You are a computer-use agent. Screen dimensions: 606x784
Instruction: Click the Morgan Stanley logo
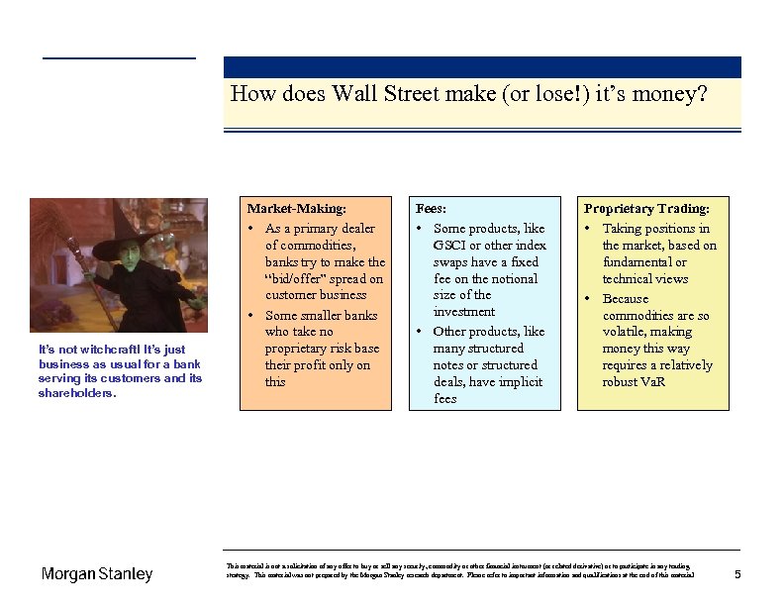(97, 574)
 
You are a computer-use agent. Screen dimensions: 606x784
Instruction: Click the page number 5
(736, 574)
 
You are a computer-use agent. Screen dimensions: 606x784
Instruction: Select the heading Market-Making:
(297, 209)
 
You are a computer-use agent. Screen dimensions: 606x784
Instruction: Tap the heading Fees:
(431, 209)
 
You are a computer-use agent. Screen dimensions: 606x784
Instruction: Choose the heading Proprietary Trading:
(646, 209)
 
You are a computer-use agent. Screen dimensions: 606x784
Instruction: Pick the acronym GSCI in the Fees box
(450, 245)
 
